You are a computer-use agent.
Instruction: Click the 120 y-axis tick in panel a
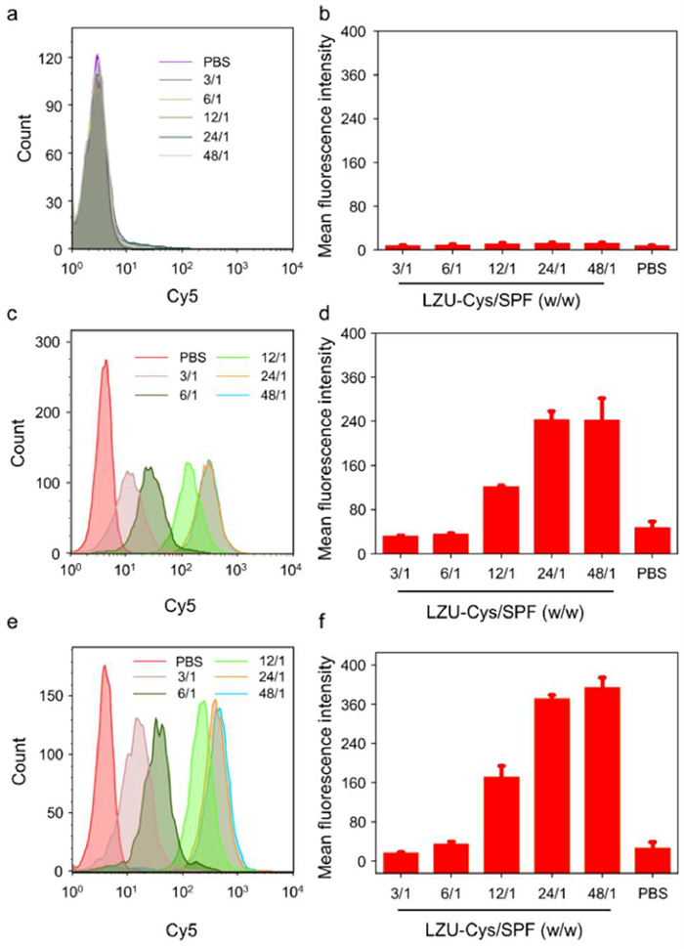pyautogui.click(x=47, y=58)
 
